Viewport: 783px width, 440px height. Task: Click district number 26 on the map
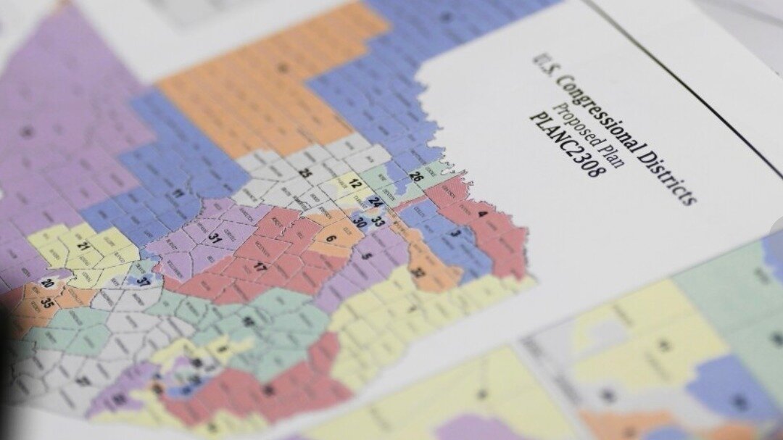(416, 176)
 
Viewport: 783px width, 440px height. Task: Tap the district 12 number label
(355, 184)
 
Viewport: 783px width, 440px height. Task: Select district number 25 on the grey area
(305, 173)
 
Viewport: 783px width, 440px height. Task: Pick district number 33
(378, 221)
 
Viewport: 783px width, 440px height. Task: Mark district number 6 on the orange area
(331, 238)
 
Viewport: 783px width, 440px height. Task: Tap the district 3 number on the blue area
(455, 233)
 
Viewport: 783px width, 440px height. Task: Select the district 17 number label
(260, 268)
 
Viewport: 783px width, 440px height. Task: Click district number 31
(215, 236)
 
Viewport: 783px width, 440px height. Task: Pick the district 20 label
(48, 283)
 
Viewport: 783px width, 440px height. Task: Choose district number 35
(48, 302)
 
